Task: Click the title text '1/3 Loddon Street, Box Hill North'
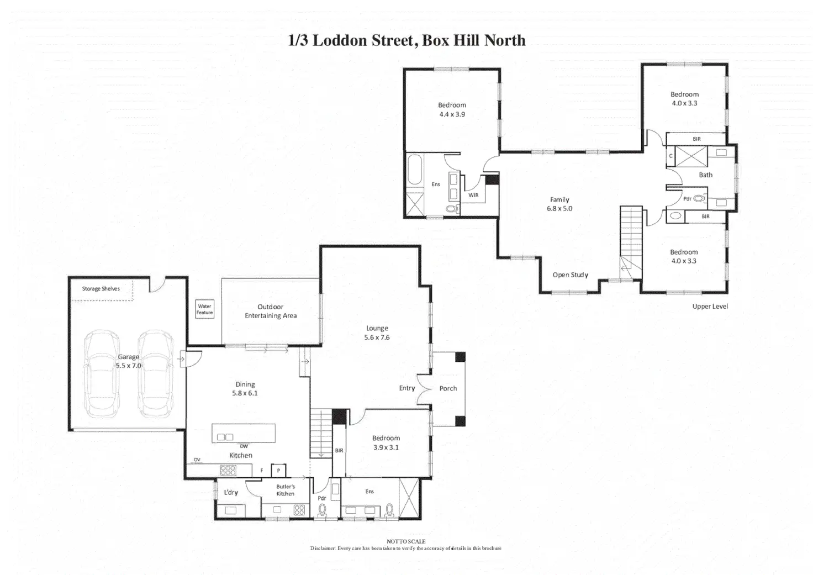(406, 40)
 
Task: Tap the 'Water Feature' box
(204, 309)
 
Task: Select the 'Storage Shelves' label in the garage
(101, 289)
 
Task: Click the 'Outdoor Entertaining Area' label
(271, 312)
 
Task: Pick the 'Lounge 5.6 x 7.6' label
(377, 333)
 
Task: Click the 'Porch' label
(448, 388)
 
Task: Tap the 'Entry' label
(407, 388)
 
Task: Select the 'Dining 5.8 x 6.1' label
(245, 389)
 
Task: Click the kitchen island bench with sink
(244, 433)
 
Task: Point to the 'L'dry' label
(231, 492)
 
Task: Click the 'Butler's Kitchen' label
(286, 490)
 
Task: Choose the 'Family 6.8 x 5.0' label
(559, 204)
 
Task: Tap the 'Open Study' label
(571, 275)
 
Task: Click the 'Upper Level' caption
(710, 307)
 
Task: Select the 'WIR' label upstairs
(473, 195)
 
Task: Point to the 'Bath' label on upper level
(706, 175)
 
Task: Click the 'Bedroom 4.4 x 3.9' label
(452, 110)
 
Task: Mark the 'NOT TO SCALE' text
(406, 542)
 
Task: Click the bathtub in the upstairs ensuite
(414, 170)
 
